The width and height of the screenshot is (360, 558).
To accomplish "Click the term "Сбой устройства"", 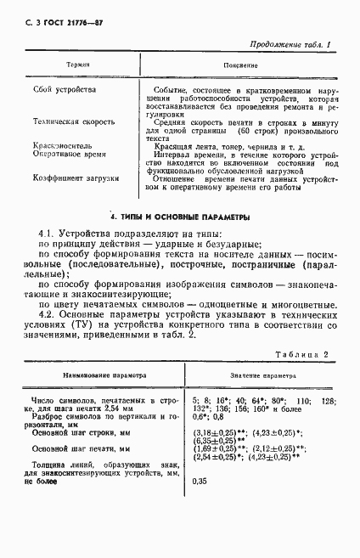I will [65, 89].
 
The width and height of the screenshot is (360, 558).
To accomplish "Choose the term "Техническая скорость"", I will [74, 121].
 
